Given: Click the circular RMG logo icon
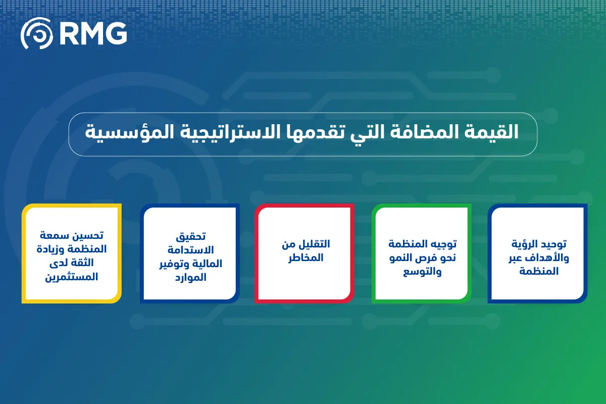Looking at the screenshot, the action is pos(37,33).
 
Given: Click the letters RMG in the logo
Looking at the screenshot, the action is pos(93,33).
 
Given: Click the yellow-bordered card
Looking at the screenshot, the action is pos(71,254).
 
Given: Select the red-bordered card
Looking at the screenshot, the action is pos(305,254).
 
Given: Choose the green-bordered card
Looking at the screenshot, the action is pos(422,254).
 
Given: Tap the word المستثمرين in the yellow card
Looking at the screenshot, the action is pos(71,277).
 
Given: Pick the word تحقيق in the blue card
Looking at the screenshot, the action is pos(191,237).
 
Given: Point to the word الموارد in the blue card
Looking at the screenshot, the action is pos(191,278).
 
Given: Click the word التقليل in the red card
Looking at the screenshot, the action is pos(315,244).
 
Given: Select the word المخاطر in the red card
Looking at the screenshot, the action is pos(306,258).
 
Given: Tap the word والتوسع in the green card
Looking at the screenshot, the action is pos(422,271).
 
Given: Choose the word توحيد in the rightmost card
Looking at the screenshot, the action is pos(554,244).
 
